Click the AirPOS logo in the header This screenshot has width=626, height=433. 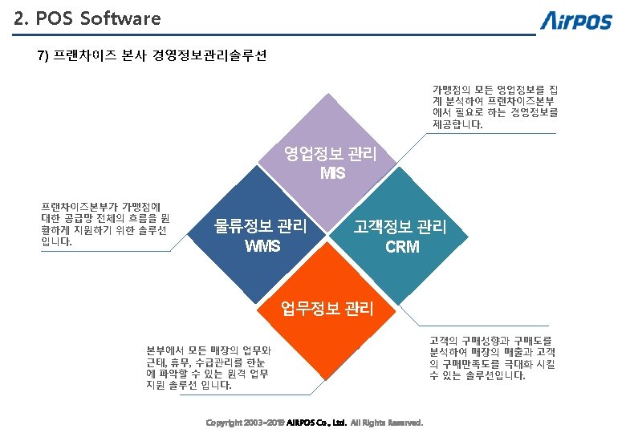click(575, 20)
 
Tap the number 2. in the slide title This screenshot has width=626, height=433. click(22, 18)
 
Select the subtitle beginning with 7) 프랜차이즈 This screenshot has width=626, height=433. click(152, 56)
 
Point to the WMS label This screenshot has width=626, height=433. click(262, 245)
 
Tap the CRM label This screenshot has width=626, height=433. click(401, 247)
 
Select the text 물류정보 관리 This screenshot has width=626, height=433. click(261, 227)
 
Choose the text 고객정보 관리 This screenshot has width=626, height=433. click(400, 228)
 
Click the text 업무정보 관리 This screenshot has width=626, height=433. click(327, 307)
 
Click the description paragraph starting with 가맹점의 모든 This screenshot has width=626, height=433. click(495, 107)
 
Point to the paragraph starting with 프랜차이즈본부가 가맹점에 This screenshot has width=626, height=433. click(104, 225)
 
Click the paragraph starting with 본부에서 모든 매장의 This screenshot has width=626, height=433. click(209, 367)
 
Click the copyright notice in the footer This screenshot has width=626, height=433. click(315, 423)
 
